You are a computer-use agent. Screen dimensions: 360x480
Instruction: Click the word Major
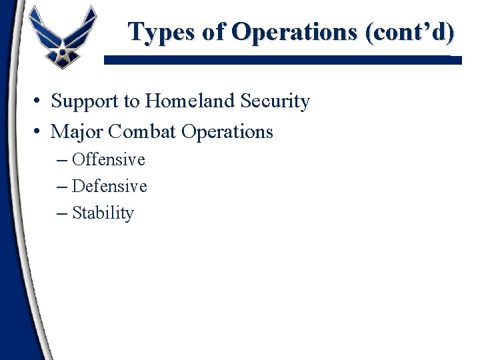[x=76, y=131]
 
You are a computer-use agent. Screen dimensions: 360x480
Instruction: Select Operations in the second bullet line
[x=227, y=131]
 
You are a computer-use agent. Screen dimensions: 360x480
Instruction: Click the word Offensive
[x=108, y=159]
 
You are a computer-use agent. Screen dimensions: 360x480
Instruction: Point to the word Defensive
[x=109, y=186]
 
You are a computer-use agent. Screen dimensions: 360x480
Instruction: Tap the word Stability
[x=103, y=213]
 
